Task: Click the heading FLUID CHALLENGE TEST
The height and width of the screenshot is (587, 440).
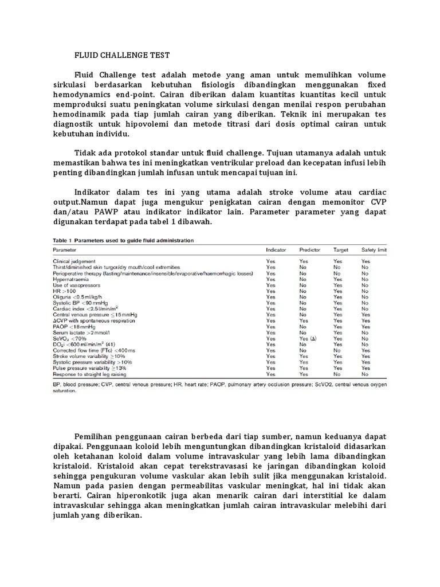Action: coord(122,56)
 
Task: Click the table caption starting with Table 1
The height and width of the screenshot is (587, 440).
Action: coord(123,240)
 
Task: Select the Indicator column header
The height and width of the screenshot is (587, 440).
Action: coord(276,251)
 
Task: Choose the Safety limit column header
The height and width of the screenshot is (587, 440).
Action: coord(374,251)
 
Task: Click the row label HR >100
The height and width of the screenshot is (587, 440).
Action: coord(64,291)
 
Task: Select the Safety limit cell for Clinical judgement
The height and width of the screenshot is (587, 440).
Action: coord(366,261)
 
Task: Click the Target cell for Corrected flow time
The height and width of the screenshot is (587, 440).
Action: coord(337,350)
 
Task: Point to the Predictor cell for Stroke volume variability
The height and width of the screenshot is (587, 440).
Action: coord(303,356)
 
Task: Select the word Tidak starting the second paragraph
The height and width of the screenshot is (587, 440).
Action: coord(85,153)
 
